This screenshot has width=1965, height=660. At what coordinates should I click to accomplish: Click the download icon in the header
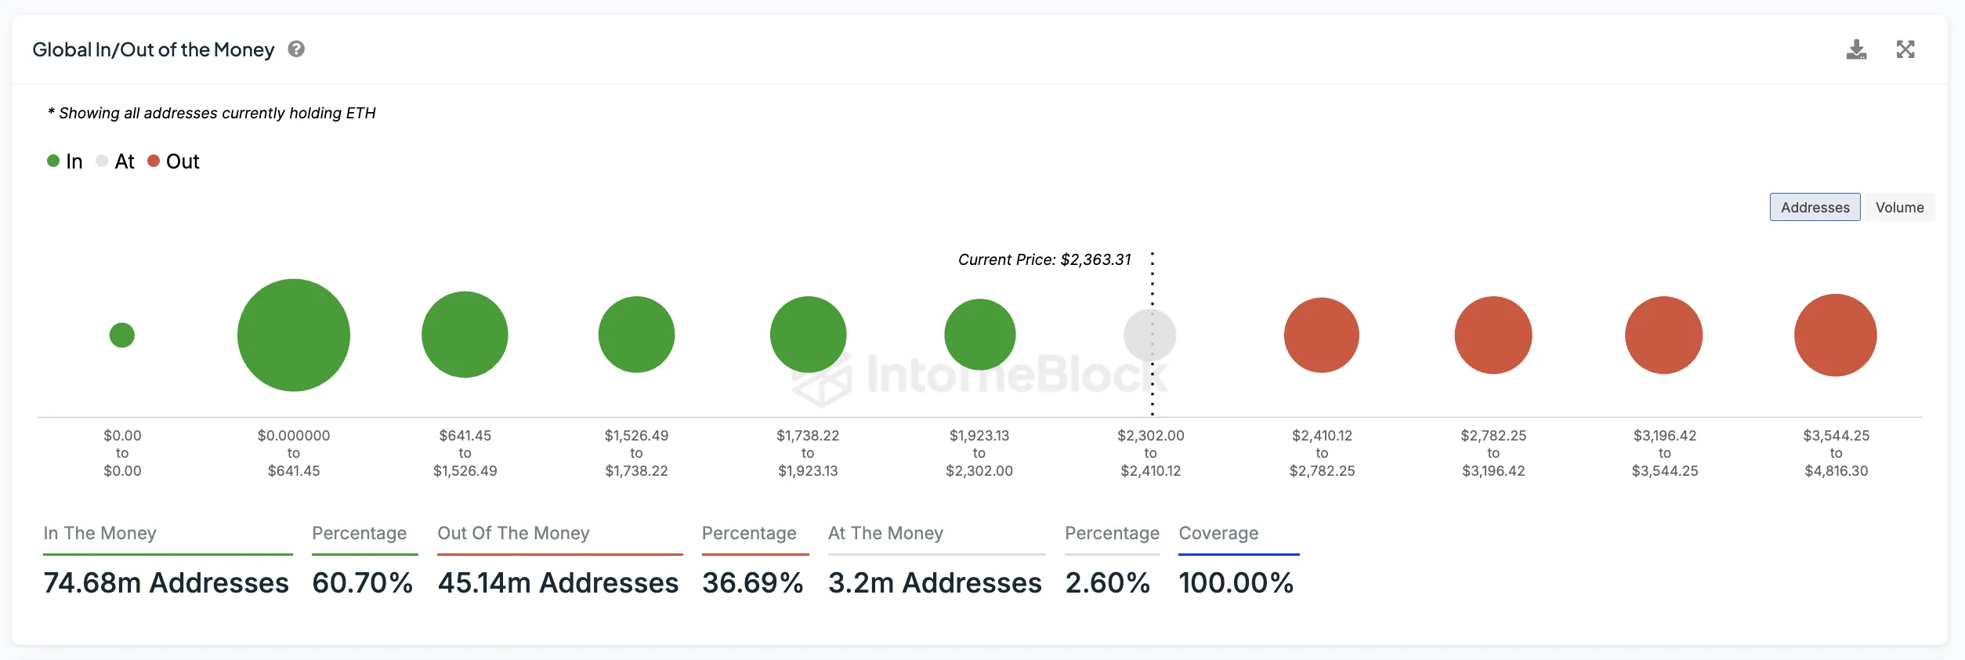point(1856,50)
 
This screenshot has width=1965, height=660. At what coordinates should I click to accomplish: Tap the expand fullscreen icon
point(1905,49)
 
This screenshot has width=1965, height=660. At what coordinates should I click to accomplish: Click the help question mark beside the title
point(296,49)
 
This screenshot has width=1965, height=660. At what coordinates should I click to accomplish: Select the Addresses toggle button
point(1815,208)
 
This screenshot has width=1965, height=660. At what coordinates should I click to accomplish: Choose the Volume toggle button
point(1899,208)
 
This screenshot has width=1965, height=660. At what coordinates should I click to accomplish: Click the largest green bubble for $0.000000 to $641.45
point(294,335)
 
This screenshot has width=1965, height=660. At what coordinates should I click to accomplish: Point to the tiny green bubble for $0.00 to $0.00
point(122,335)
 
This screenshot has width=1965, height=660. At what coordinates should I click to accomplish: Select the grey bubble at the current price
point(1149,335)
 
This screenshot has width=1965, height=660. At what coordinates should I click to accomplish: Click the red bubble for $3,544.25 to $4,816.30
point(1835,335)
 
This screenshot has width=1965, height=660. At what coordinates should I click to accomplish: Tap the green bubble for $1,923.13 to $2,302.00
point(979,335)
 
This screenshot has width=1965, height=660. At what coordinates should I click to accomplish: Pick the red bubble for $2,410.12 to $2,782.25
point(1321,335)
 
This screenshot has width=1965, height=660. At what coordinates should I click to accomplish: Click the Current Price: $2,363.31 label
point(1044,260)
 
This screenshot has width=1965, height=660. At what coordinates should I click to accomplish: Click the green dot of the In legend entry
point(53,161)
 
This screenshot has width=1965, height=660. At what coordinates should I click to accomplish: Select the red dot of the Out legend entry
point(154,161)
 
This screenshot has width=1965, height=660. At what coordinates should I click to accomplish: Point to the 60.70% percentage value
point(362,583)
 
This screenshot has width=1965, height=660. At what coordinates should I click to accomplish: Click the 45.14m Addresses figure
point(558,583)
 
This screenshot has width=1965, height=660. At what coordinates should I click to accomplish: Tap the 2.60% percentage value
point(1107,583)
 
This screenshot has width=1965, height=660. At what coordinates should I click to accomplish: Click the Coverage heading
point(1218,534)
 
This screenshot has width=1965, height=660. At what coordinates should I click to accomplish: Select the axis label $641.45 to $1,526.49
point(465,453)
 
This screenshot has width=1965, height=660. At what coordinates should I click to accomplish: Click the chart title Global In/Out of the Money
point(154,50)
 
